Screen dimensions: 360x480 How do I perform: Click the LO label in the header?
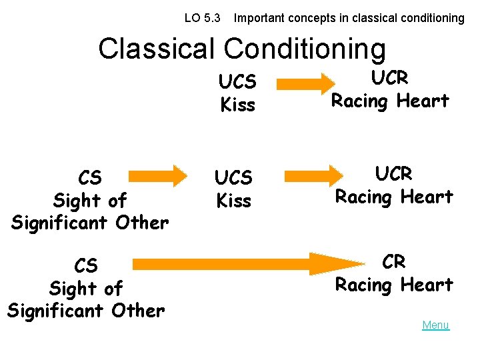pos(192,18)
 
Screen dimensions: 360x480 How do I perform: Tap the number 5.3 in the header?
pos(213,18)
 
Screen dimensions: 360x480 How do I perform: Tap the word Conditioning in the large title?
pos(305,49)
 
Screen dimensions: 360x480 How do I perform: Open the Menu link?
pos(435,325)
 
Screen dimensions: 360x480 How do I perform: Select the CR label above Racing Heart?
pos(394,262)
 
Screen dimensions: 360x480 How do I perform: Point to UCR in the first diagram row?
pos(389,78)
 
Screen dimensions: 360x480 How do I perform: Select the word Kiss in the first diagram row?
pos(237,105)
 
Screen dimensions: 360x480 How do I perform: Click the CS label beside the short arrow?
pos(90,178)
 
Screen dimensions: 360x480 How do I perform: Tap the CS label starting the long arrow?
pos(86,266)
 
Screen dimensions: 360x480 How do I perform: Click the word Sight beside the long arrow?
pos(69,289)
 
